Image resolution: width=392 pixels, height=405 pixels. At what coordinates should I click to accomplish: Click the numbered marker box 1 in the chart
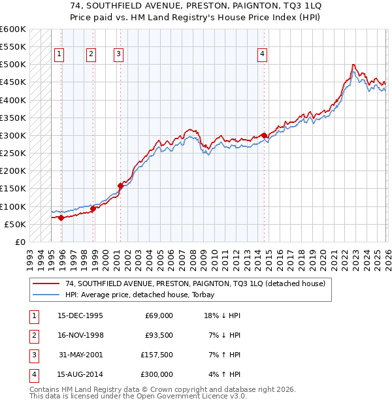point(59,55)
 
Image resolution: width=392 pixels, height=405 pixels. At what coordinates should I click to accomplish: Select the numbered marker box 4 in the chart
point(262,55)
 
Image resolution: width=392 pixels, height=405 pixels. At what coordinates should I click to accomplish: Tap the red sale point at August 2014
point(264,135)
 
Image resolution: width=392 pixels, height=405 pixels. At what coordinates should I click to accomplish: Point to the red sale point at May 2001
point(120,186)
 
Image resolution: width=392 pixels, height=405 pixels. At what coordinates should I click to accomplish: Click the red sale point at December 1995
point(61,218)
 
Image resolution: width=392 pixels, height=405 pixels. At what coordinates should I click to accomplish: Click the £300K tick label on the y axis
point(13,135)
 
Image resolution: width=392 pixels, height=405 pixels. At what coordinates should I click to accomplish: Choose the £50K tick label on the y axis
point(15,224)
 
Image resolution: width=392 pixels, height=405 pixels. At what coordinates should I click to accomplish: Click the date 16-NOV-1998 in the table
point(80,336)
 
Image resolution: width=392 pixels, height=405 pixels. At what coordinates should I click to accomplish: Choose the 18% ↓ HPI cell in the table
point(223,316)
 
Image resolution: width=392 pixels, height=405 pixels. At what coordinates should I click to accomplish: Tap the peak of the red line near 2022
point(353,65)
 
